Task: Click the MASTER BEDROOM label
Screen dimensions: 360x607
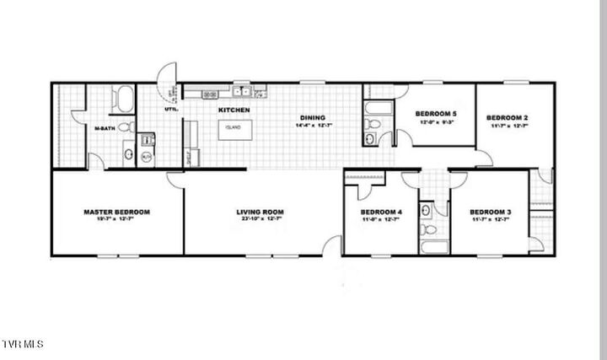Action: [x=116, y=212]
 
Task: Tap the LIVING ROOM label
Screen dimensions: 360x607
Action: [x=260, y=212]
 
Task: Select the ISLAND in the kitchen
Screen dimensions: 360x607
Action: [x=232, y=128]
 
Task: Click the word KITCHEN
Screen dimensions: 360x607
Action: [x=234, y=110]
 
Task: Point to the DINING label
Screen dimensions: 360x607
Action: [x=312, y=117]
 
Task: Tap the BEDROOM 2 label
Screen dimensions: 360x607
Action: [x=508, y=117]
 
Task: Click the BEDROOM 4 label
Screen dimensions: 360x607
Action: [x=381, y=212]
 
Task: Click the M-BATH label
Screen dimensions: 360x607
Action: [x=104, y=128]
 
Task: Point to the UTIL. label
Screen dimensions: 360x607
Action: [x=171, y=109]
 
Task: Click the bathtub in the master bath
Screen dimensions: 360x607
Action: [x=124, y=99]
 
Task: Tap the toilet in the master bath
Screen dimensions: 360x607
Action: [x=126, y=127]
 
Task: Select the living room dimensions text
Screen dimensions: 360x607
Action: [x=260, y=219]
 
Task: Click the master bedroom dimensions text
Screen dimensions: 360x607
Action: [x=116, y=219]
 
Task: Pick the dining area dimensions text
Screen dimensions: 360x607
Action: [x=312, y=125]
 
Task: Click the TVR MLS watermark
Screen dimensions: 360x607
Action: [x=23, y=344]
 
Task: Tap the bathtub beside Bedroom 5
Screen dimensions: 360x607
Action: [x=375, y=108]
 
